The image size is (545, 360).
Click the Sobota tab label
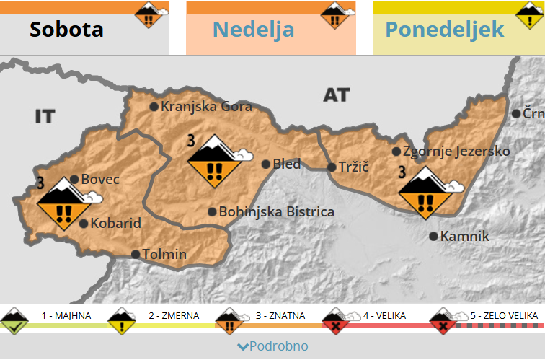66,30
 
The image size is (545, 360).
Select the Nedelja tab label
253,30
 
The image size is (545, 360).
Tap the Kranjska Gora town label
206,107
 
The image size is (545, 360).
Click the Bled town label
287,164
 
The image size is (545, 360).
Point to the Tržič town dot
332,167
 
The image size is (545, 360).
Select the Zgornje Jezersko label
456,152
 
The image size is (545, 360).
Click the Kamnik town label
465,236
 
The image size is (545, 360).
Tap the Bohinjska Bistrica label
276,212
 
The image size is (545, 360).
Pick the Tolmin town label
164,254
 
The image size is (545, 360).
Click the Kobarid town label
115,224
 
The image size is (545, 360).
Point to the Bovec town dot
74,180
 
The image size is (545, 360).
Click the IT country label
45,116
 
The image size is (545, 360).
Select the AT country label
336,95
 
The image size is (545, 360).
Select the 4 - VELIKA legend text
384,316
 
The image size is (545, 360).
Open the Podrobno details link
272,346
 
